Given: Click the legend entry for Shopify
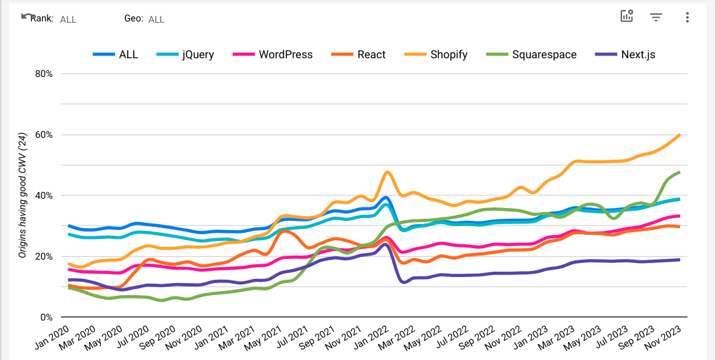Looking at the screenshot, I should (x=449, y=54).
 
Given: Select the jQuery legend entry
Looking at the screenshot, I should (x=198, y=54).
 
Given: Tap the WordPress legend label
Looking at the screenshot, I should (x=286, y=54).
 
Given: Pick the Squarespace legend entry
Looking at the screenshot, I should (x=544, y=54).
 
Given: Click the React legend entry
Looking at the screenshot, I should (x=371, y=54).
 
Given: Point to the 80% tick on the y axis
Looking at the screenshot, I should (x=43, y=74).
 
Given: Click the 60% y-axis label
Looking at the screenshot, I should (x=43, y=134).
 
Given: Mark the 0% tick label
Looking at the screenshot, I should (x=46, y=317).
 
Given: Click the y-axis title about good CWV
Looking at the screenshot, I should (x=22, y=195).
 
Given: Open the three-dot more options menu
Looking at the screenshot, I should (x=687, y=17).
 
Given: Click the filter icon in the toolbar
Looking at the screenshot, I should (x=656, y=17).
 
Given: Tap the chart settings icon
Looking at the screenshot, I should (x=627, y=17).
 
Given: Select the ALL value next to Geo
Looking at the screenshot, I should (x=157, y=19).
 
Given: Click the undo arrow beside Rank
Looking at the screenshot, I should (x=25, y=15).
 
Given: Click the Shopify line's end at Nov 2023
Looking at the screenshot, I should (x=680, y=134).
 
